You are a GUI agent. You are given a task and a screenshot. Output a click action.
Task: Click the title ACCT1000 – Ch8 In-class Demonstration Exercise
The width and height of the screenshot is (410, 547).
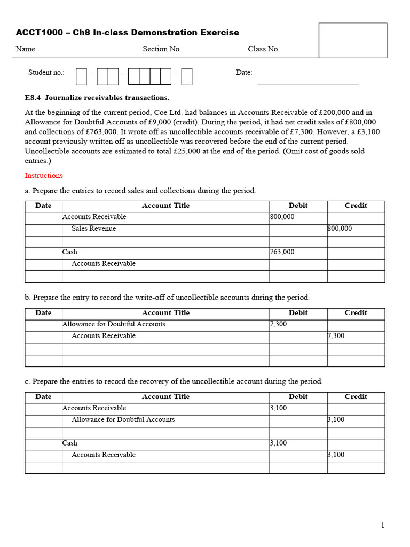pos(128,33)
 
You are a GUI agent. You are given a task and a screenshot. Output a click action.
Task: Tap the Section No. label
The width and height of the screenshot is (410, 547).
pos(162,49)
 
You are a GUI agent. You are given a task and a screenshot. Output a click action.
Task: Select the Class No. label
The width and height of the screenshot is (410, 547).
pos(263,49)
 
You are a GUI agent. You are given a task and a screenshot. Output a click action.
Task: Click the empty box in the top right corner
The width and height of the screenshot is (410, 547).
pos(353,40)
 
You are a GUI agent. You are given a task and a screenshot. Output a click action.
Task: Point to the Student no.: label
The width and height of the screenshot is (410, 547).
pos(46,73)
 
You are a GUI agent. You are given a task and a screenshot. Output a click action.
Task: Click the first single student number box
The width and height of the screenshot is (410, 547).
pos(81,76)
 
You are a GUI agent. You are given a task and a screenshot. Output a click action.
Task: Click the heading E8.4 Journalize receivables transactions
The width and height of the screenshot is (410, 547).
pos(97,98)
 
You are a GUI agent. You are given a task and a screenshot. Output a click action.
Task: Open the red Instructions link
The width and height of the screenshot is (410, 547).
pos(44,176)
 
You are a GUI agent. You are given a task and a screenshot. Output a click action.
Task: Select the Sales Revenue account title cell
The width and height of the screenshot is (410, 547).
pos(93,229)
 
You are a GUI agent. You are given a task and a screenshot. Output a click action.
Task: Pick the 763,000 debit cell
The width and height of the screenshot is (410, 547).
pos(282,252)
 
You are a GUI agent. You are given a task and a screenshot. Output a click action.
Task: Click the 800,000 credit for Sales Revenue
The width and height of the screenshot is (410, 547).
pos(340,229)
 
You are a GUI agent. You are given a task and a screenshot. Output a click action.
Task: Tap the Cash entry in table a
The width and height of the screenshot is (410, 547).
pos(70,252)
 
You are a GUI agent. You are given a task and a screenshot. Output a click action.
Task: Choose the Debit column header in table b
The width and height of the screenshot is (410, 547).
pos(298,313)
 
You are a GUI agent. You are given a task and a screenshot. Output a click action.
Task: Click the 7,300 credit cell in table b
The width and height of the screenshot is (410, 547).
pos(336,336)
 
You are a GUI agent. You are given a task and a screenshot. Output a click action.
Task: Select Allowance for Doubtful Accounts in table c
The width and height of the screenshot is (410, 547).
pos(123,420)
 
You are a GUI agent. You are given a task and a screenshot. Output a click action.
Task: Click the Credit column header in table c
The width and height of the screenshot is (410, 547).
pos(356,397)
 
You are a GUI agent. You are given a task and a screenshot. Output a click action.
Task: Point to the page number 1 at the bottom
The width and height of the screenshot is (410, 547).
pos(382,526)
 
